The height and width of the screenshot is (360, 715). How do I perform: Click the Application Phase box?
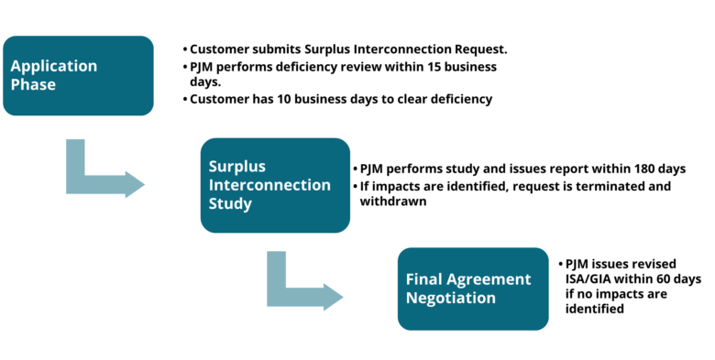click(x=78, y=76)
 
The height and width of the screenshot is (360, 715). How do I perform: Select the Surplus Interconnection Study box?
click(x=275, y=185)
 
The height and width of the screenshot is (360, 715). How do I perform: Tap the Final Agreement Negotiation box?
click(x=473, y=289)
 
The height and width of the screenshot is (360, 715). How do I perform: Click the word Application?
click(x=54, y=67)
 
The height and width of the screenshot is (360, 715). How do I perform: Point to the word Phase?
click(x=33, y=85)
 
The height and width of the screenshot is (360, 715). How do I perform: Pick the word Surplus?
click(x=236, y=167)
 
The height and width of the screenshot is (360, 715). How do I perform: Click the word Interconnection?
click(x=269, y=185)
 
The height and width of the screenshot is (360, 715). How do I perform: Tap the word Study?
click(x=230, y=203)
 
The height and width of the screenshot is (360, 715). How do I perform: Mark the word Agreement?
click(x=489, y=279)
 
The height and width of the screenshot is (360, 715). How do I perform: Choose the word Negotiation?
click(x=451, y=299)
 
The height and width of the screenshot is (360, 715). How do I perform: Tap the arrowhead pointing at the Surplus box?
click(x=136, y=184)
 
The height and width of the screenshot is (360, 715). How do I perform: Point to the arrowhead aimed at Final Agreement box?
click(x=335, y=297)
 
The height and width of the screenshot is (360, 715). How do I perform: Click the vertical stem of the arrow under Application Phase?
click(x=75, y=158)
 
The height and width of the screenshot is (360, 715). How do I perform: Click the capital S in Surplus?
click(x=214, y=167)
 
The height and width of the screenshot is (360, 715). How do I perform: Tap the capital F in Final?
click(x=410, y=279)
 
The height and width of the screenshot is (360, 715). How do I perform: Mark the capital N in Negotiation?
click(x=412, y=299)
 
